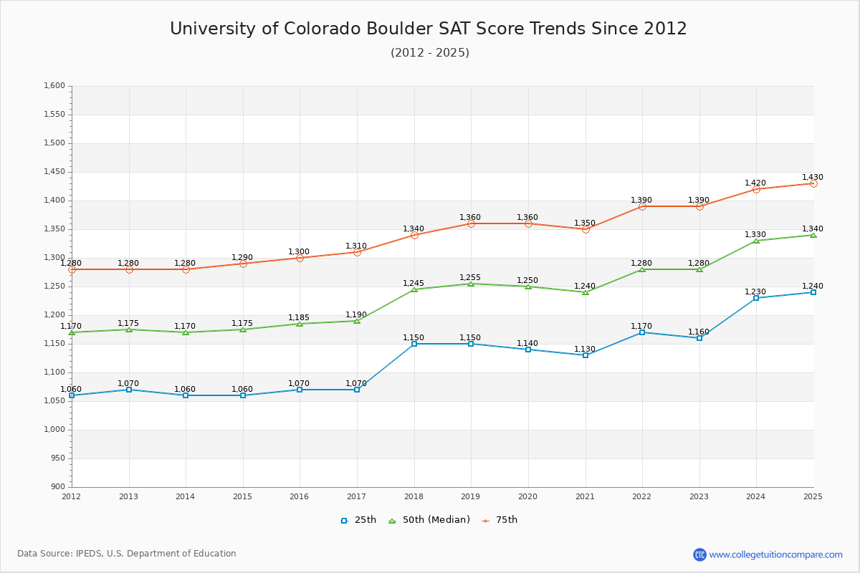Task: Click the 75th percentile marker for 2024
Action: click(756, 189)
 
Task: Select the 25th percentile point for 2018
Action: click(414, 344)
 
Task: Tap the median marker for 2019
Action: click(471, 284)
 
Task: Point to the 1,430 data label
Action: click(813, 177)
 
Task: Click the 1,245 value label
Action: click(414, 283)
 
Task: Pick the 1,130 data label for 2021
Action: click(585, 349)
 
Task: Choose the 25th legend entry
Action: click(358, 520)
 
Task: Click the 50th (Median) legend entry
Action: click(429, 520)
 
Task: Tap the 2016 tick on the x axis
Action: click(300, 496)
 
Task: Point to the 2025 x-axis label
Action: click(813, 496)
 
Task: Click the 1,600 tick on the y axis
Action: click(54, 86)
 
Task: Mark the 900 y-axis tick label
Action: click(57, 487)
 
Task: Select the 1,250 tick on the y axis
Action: click(54, 286)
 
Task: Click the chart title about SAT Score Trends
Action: click(429, 29)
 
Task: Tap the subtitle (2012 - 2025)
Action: click(430, 53)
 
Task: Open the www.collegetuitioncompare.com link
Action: click(775, 554)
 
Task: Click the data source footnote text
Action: click(127, 554)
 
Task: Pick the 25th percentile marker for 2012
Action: click(72, 395)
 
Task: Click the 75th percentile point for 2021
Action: click(586, 229)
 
